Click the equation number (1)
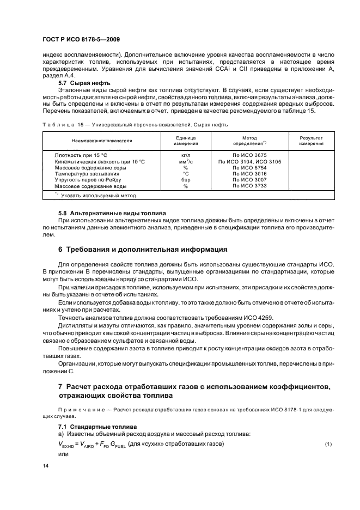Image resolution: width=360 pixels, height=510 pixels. (x=328, y=445)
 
